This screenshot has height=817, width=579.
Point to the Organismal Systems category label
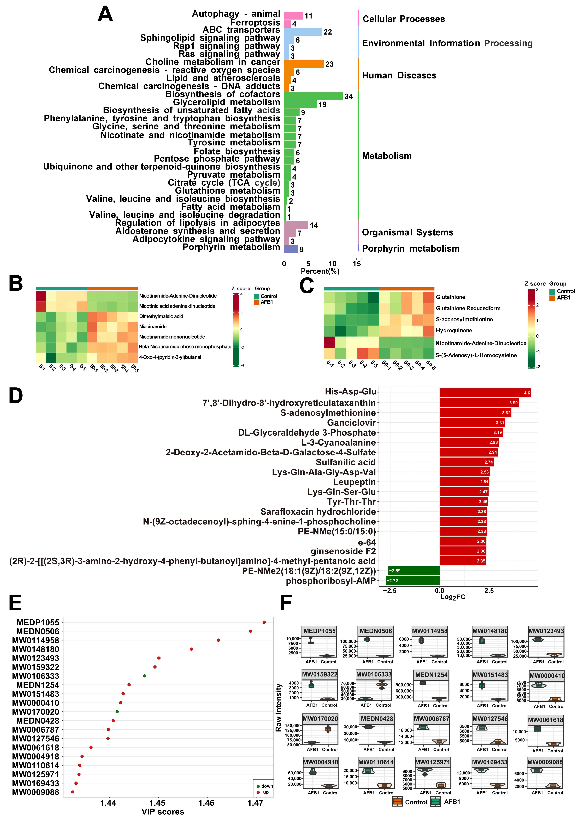coord(407,233)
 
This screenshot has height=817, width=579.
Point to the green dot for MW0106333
coord(144,676)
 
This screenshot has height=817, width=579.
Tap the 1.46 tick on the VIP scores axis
coord(206,803)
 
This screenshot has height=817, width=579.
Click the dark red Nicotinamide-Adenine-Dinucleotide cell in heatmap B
coord(41,296)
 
